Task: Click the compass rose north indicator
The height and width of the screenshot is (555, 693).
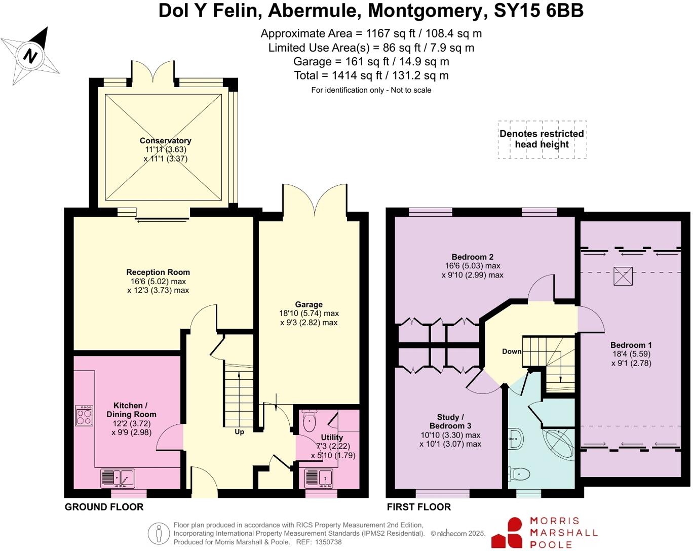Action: coord(31,55)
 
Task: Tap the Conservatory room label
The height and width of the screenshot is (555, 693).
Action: coord(165,141)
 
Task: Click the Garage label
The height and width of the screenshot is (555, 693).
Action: coord(309,304)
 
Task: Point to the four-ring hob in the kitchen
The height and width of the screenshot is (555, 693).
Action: coord(84,416)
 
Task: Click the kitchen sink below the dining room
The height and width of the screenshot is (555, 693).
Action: coord(118,478)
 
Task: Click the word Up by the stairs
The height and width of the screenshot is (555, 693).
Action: coord(239,432)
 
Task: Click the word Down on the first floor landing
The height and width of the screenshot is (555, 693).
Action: coord(512,351)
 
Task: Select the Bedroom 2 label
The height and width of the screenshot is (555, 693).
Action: coord(472,257)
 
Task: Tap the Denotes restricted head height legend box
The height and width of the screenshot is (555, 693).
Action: coord(542,139)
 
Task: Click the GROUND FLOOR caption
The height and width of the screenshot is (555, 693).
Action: coord(104,507)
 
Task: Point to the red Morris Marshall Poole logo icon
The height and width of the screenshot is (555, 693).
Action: coord(508,533)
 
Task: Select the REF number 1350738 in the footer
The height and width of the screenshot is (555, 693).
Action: coord(328,542)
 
